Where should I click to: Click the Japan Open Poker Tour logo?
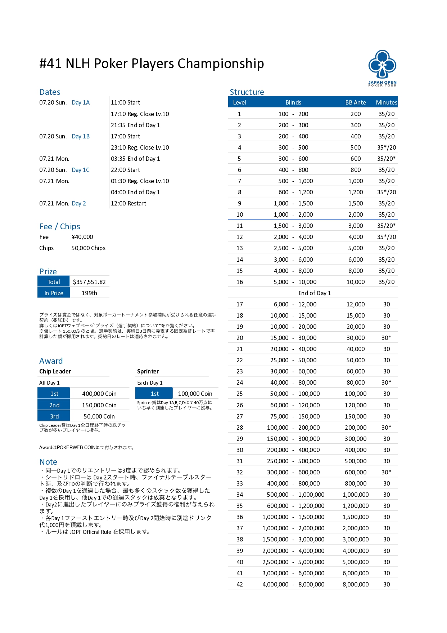(x=382, y=68)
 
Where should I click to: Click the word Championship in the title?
(x=221, y=63)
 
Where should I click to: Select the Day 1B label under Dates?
(x=81, y=136)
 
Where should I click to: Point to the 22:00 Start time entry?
(x=125, y=170)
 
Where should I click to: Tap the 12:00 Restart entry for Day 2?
(x=128, y=203)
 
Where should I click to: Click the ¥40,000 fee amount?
(x=82, y=237)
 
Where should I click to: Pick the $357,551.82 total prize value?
(x=89, y=282)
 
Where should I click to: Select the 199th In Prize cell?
(x=89, y=293)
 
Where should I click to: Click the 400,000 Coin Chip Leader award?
(x=99, y=394)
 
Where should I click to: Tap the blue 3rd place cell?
(x=54, y=416)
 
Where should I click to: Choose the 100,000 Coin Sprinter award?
(x=195, y=394)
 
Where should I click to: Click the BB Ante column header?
(x=356, y=102)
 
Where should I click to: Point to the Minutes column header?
(x=387, y=102)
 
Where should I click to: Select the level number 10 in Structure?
(x=240, y=214)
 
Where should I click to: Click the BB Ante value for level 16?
(x=356, y=282)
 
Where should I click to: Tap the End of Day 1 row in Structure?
(x=315, y=293)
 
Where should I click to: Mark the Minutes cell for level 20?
(x=387, y=338)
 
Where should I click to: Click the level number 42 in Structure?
(x=240, y=584)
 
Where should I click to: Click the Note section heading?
(x=48, y=462)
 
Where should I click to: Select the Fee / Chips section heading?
(x=60, y=226)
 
